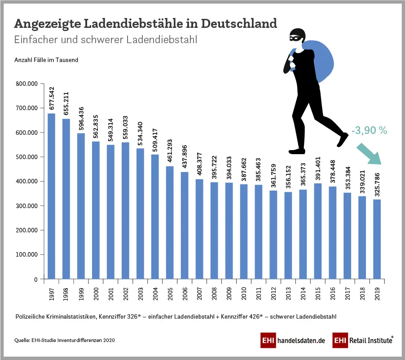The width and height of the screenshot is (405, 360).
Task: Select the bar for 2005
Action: [x=170, y=222]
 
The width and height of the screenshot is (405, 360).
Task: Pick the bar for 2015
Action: [x=317, y=231]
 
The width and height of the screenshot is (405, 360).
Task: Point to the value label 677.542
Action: [x=52, y=99]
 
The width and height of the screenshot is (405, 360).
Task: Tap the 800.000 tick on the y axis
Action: [x=27, y=84]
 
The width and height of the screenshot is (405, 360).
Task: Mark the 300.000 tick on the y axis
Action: [x=27, y=206]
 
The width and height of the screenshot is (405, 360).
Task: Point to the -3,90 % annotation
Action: [x=369, y=130]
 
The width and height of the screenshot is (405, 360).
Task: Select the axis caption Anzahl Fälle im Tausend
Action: [x=46, y=60]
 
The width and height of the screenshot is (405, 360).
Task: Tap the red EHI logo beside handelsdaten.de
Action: [x=268, y=341]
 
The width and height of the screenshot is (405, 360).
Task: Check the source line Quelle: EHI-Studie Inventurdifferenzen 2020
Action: [x=64, y=341]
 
